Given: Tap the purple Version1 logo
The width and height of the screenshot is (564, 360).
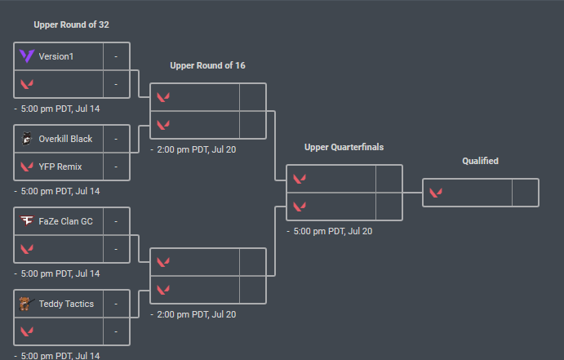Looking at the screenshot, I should tap(27, 56).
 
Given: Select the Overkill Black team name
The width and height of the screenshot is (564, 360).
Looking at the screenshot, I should tap(65, 139).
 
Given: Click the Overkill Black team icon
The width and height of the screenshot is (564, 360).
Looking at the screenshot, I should tap(27, 139).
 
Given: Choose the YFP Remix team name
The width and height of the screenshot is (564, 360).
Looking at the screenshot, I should tap(60, 167).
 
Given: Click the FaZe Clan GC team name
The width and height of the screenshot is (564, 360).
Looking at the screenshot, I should tap(66, 221).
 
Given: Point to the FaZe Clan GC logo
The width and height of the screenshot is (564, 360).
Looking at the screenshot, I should tap(27, 221).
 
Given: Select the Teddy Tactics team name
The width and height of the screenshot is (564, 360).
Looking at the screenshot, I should tap(66, 304).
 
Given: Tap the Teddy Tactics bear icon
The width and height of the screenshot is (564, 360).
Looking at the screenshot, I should tap(27, 304).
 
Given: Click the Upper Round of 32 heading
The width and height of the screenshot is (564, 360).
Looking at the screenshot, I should tap(71, 24).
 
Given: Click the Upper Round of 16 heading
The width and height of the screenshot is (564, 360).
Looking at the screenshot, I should tap(207, 65).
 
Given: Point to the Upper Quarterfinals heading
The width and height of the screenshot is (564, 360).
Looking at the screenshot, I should tap(344, 148).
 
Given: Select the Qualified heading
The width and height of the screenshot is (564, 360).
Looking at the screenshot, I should tap(480, 161).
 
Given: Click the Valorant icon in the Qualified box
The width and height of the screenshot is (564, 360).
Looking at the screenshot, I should tap(436, 193).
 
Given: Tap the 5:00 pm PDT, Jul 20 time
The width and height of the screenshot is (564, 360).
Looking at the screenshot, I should tap(332, 231).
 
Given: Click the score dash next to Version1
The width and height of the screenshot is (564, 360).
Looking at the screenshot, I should tap(116, 56).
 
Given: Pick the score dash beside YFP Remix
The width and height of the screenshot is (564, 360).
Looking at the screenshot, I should tap(116, 167).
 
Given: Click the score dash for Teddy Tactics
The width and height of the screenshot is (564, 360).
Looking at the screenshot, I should tap(116, 304).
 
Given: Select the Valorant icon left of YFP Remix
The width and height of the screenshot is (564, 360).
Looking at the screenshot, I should tap(27, 167).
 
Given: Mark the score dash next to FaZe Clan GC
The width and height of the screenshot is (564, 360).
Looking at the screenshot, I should tap(116, 221).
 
